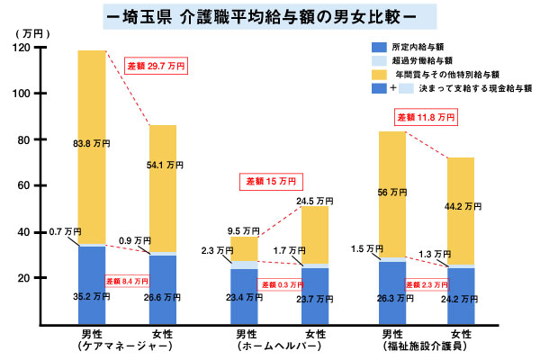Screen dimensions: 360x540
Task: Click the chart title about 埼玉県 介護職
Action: pyautogui.click(x=269, y=16)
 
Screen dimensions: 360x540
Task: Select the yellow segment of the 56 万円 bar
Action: pyautogui.click(x=391, y=193)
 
